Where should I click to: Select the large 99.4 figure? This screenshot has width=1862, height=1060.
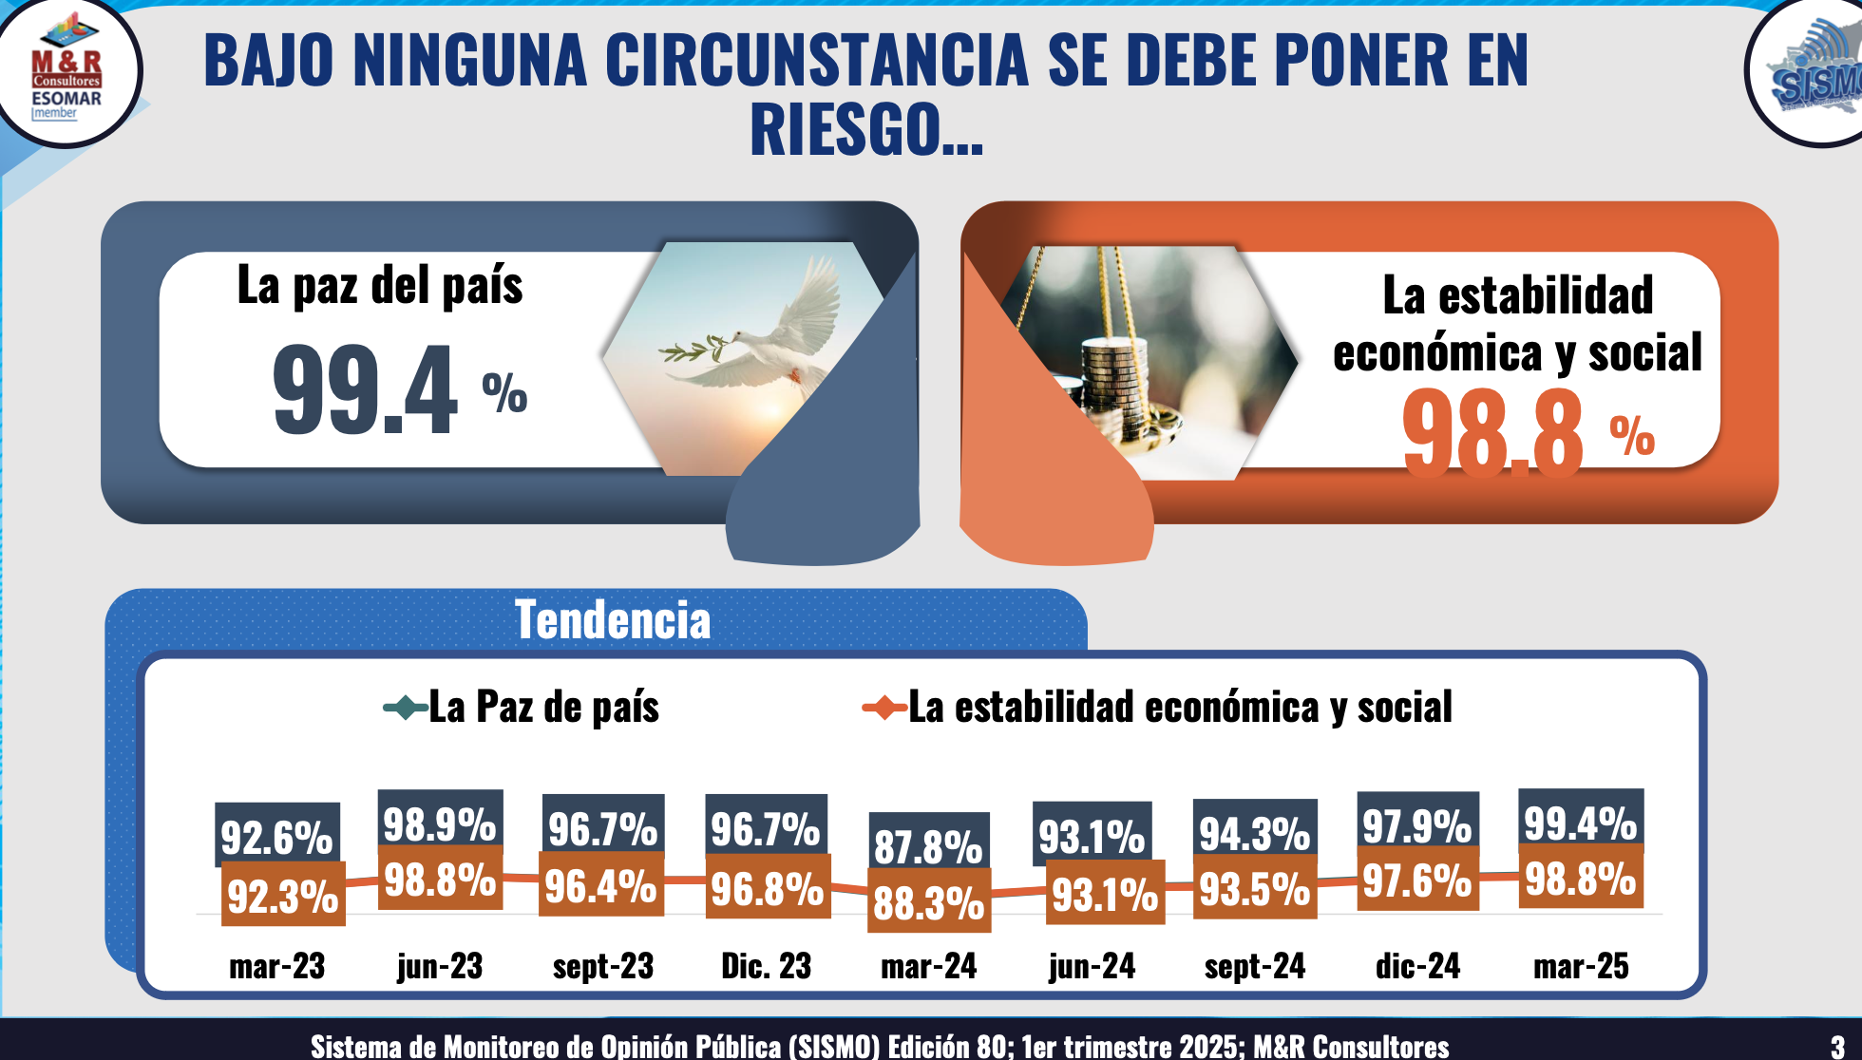click(x=366, y=389)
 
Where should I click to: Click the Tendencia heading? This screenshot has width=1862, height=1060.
click(x=613, y=620)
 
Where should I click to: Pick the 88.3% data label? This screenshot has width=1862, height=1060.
click(x=928, y=902)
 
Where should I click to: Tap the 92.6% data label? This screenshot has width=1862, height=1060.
click(x=276, y=836)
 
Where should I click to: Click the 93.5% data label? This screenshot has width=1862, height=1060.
click(x=1255, y=889)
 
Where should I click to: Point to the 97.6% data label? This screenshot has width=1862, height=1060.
click(x=1417, y=881)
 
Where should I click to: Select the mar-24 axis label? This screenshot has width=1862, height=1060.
click(x=928, y=966)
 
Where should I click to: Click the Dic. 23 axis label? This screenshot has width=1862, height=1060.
click(x=766, y=966)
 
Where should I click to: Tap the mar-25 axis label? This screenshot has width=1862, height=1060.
click(x=1581, y=966)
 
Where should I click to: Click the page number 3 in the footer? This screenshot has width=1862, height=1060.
click(x=1837, y=1047)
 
